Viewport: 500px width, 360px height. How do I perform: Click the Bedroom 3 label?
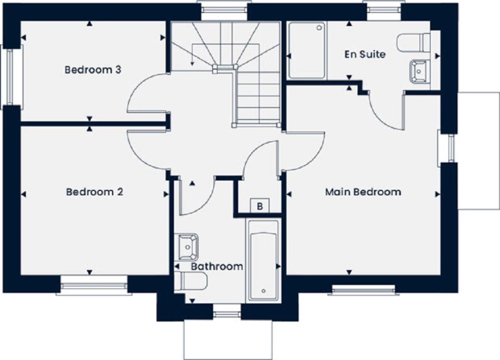[x=93, y=69]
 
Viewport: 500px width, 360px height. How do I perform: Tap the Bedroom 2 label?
[x=94, y=192]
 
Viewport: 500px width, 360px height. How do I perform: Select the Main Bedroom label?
[x=363, y=192]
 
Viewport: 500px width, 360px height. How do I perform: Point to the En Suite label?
[x=365, y=54]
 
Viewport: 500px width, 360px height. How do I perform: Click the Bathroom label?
[x=217, y=266]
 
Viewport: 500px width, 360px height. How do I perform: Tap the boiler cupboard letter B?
[x=260, y=207]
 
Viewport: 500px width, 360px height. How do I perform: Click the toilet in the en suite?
[x=414, y=42]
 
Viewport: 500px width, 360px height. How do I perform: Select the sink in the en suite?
[x=420, y=71]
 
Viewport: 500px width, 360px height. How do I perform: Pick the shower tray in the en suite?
[x=307, y=51]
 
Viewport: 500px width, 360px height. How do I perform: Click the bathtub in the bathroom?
[x=263, y=260]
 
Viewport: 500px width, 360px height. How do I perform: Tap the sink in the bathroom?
[x=188, y=247]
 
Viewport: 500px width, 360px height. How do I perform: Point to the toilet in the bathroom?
[x=191, y=281]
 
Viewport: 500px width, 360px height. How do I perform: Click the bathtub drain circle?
[x=263, y=291]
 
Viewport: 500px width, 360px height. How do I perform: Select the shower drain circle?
[x=319, y=28]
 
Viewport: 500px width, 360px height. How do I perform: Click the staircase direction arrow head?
[x=192, y=64]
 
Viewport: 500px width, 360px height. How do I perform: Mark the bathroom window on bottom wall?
[x=227, y=311]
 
